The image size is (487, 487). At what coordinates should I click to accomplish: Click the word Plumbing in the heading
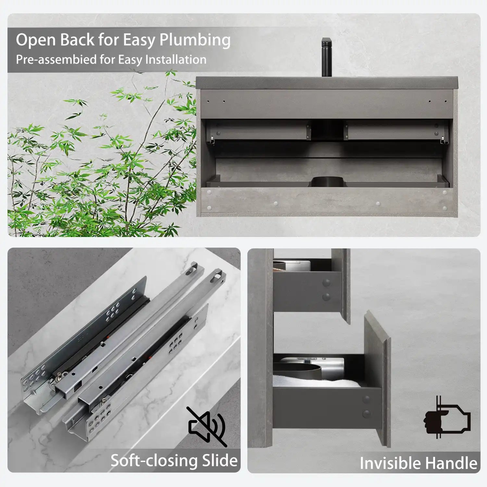tap(195, 41)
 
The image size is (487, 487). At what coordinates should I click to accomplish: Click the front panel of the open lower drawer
tap(377, 378)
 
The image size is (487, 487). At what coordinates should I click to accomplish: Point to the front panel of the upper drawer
tap(341, 286)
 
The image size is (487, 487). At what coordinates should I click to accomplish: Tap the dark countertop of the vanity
tap(327, 82)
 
